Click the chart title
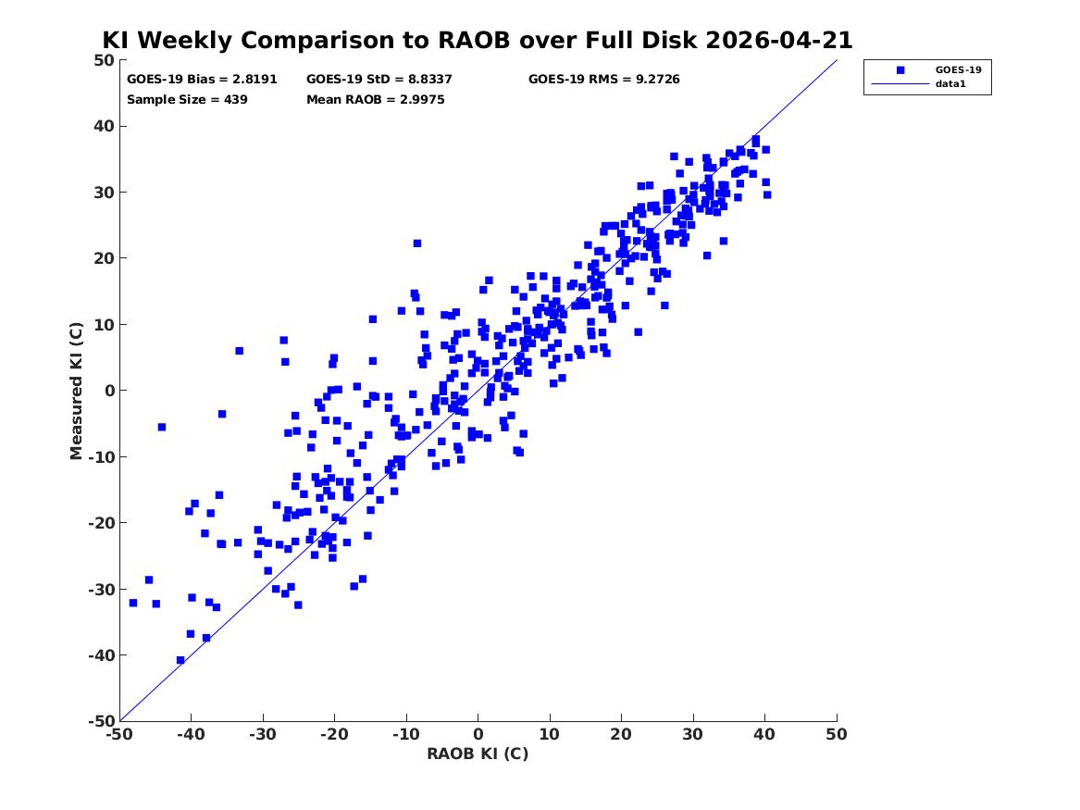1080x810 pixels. pyautogui.click(x=478, y=40)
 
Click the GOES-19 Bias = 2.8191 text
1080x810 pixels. pyautogui.click(x=202, y=80)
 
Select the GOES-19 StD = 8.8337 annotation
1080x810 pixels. pyautogui.click(x=379, y=80)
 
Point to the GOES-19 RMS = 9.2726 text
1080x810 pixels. pyautogui.click(x=604, y=80)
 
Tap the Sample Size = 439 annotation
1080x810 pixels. pyautogui.click(x=187, y=100)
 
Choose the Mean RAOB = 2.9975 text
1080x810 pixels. pyautogui.click(x=376, y=100)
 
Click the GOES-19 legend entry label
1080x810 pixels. pyautogui.click(x=958, y=69)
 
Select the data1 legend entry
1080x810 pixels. pyautogui.click(x=950, y=84)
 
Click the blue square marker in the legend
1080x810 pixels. pyautogui.click(x=900, y=69)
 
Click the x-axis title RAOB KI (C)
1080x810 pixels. pyautogui.click(x=478, y=754)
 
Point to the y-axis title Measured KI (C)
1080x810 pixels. pyautogui.click(x=76, y=391)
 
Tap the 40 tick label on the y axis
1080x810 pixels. pyautogui.click(x=106, y=126)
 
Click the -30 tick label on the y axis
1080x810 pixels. pyautogui.click(x=101, y=589)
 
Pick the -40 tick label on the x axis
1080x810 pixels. pyautogui.click(x=191, y=734)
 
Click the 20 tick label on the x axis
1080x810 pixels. pyautogui.click(x=621, y=734)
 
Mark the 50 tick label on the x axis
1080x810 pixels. pyautogui.click(x=837, y=734)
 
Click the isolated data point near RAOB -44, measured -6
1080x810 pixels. pyautogui.click(x=162, y=427)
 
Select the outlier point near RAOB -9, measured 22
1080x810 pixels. pyautogui.click(x=416, y=243)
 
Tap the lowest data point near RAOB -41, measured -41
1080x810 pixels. pyautogui.click(x=180, y=660)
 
